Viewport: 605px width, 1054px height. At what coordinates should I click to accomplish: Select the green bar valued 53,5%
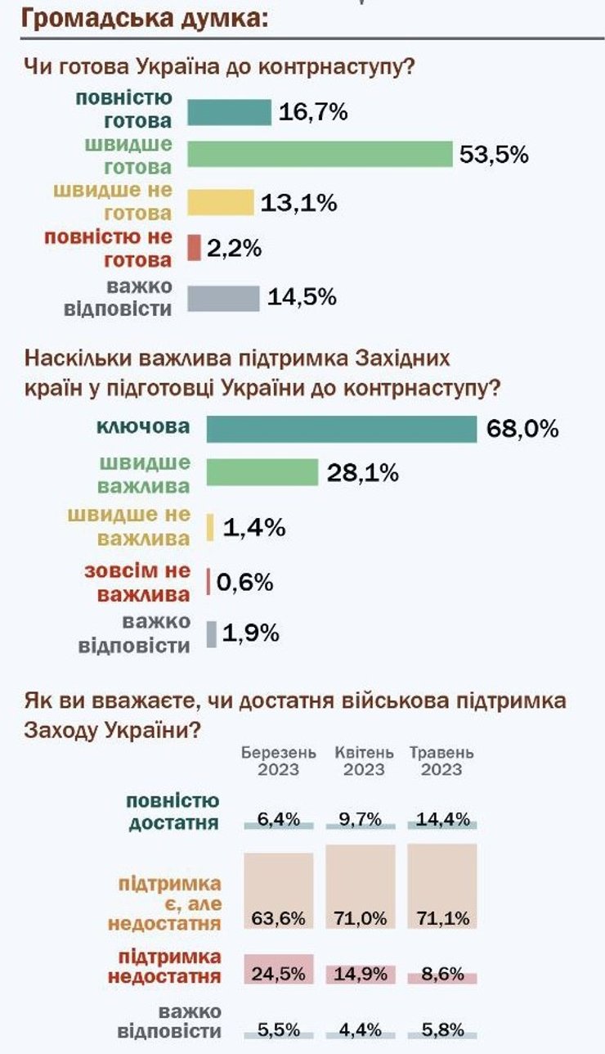(x=320, y=154)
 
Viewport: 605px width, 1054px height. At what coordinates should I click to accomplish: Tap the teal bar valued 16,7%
(x=229, y=112)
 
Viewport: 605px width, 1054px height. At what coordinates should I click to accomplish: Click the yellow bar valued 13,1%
(x=221, y=202)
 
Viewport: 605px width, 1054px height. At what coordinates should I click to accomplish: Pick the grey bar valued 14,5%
(x=223, y=298)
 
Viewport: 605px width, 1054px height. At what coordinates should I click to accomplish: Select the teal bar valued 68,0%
(x=341, y=429)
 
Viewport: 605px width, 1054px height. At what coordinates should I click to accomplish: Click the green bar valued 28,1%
(x=262, y=472)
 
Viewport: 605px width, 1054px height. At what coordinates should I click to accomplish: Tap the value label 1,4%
(x=253, y=528)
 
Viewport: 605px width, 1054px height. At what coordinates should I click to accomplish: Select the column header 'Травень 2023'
(x=441, y=761)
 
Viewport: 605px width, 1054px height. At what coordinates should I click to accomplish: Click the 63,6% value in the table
(x=279, y=918)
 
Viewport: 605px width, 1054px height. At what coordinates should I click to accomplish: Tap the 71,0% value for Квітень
(x=361, y=918)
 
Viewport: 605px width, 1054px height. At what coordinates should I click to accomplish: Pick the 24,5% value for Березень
(x=279, y=974)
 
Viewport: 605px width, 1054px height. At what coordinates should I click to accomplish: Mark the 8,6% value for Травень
(x=442, y=975)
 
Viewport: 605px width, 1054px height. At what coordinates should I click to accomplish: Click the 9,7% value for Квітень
(x=361, y=818)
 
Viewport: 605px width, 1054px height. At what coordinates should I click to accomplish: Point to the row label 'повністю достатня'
(x=173, y=812)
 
